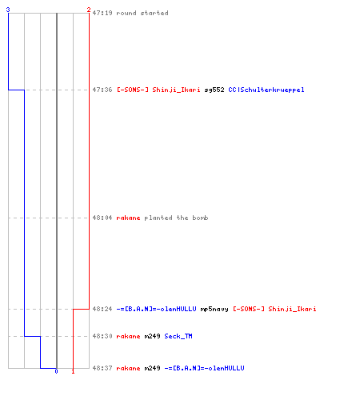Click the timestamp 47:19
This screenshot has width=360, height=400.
point(102,13)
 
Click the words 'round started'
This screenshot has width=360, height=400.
point(142,13)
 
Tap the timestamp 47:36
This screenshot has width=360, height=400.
point(102,90)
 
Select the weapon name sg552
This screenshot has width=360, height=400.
point(214,90)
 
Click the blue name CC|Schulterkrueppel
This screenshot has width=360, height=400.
point(266,90)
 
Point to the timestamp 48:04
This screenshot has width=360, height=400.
point(102,218)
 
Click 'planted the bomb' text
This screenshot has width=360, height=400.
point(176,218)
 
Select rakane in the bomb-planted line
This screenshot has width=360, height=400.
point(128,218)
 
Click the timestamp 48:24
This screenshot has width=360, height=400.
point(102,309)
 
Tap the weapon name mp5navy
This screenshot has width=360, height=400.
point(214,310)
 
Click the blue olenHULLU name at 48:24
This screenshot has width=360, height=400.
point(156,309)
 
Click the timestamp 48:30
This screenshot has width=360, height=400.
point(102,336)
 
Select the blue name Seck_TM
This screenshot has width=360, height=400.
point(178,336)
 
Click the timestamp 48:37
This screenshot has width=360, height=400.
point(102,368)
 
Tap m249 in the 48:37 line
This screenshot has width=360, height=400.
point(152,368)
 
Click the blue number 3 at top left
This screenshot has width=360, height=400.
point(8,10)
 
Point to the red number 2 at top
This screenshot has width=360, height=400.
point(89,10)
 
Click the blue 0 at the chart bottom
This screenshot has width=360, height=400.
point(56,371)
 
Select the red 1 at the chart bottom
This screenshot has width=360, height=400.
point(73,371)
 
